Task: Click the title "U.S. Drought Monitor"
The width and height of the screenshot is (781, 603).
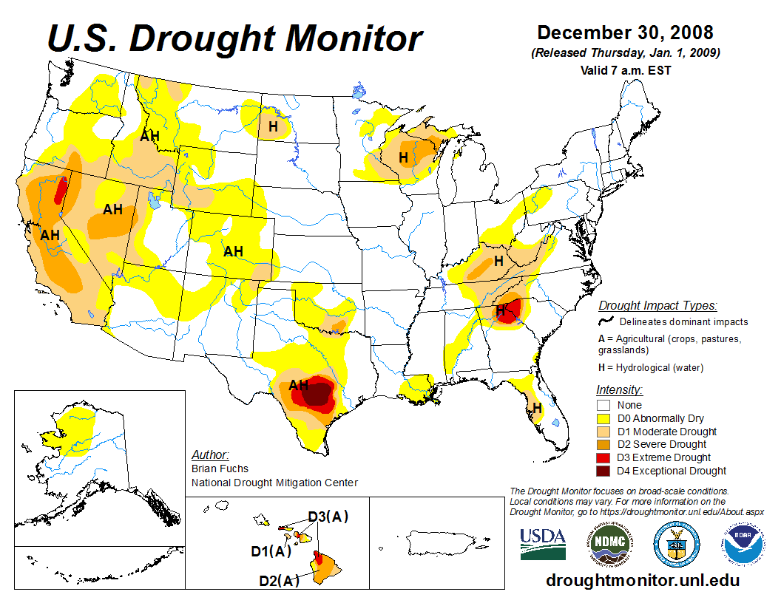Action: (235, 38)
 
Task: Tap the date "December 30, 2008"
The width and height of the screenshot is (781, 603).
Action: (625, 33)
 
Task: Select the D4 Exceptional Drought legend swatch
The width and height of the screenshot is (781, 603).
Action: (604, 471)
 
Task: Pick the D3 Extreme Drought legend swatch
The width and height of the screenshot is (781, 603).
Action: (604, 457)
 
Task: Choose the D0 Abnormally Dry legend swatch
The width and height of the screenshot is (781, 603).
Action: (604, 418)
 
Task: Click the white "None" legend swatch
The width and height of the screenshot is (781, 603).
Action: (604, 405)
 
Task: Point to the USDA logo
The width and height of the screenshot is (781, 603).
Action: (543, 544)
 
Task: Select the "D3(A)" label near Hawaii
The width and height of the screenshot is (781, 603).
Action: (328, 517)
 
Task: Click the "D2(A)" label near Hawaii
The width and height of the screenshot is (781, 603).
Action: (279, 580)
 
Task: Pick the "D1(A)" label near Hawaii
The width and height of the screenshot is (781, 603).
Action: (271, 551)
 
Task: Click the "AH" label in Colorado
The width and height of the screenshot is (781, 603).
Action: (233, 252)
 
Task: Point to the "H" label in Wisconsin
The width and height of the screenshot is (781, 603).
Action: (403, 157)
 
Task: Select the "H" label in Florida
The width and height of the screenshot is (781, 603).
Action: (537, 408)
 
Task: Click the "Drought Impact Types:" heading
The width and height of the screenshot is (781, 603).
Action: (657, 305)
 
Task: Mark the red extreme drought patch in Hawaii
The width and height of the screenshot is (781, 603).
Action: (318, 556)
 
